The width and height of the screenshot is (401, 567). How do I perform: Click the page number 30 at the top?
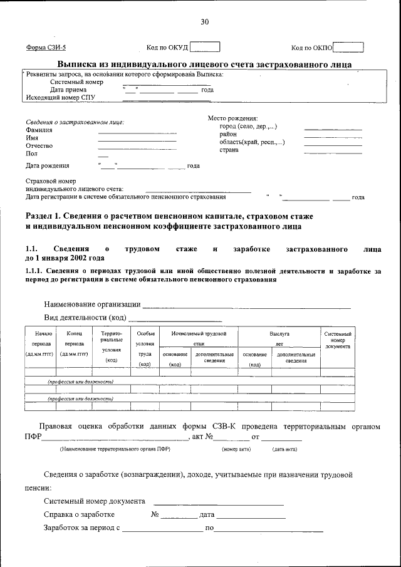tap(204, 22)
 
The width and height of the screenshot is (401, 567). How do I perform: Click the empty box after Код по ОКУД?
tap(204, 47)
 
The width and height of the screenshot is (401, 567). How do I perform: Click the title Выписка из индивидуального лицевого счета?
tap(204, 64)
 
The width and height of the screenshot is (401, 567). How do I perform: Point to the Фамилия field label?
tap(39, 130)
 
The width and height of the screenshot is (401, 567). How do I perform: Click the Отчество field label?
tap(39, 146)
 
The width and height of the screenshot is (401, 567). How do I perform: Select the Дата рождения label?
tap(47, 165)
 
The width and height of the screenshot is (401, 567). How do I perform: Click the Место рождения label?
tap(232, 118)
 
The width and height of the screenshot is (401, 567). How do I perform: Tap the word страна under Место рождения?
tap(229, 150)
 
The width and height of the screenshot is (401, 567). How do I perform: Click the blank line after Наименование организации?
tap(246, 306)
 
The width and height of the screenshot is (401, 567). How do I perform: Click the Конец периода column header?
tap(74, 344)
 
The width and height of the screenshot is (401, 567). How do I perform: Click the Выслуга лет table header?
tap(279, 339)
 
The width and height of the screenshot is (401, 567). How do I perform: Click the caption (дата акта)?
tap(284, 449)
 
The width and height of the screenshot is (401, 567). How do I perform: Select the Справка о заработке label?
tap(79, 514)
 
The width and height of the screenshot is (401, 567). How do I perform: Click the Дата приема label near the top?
tap(69, 90)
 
